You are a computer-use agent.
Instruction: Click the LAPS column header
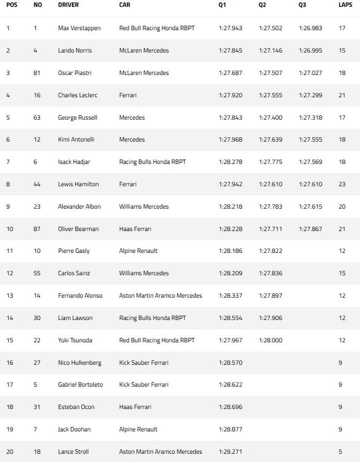345,5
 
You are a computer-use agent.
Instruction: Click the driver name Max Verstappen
79,28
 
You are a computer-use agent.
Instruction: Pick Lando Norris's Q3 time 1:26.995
310,51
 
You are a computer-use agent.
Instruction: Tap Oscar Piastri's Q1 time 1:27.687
230,73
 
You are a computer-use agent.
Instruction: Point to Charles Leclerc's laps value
342,95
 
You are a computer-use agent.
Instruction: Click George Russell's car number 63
37,118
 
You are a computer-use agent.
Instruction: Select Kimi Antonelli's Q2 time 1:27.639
270,140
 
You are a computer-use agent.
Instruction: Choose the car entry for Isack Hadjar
152,162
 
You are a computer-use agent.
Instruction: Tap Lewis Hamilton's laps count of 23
342,184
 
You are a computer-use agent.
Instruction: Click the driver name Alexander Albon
79,207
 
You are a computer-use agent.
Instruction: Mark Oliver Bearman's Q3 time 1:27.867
310,229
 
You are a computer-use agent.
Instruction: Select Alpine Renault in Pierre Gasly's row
137,251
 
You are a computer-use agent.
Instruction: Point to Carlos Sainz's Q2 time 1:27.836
270,273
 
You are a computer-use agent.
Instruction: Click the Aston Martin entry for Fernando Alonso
160,296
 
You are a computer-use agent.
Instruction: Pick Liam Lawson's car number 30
37,318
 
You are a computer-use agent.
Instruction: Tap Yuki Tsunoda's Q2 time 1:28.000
270,340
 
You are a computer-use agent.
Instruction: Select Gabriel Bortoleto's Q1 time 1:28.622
230,385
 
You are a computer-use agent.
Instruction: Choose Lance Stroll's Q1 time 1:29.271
230,451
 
